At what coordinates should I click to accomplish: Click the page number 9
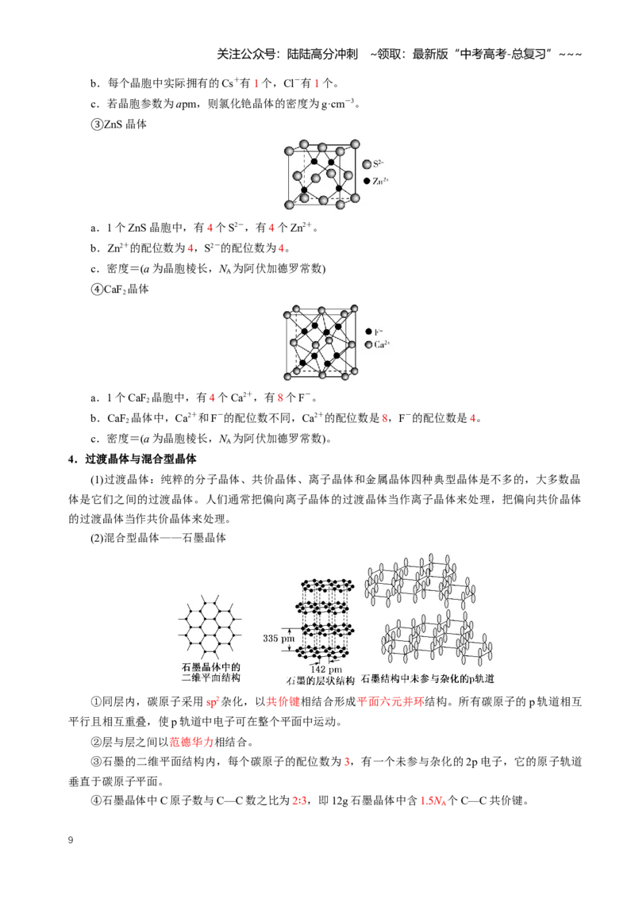click(71, 840)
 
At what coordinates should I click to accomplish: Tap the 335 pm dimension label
click(279, 638)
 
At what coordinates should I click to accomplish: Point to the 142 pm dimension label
click(326, 669)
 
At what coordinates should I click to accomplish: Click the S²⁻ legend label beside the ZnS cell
click(379, 163)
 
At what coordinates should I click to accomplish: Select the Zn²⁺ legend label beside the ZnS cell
click(380, 181)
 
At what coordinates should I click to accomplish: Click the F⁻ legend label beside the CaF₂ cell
click(379, 332)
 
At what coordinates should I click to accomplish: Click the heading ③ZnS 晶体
click(118, 125)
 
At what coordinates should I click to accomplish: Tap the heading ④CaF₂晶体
click(120, 290)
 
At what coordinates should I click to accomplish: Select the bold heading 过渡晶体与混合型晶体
click(141, 459)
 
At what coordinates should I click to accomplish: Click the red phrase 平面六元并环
click(391, 701)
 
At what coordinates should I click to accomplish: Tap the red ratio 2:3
click(299, 800)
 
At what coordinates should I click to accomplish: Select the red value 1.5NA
click(433, 800)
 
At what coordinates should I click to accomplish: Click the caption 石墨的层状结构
click(321, 681)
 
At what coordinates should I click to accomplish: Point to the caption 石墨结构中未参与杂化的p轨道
click(428, 678)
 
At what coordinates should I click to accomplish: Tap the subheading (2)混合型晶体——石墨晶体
click(158, 538)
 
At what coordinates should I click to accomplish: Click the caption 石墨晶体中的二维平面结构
click(211, 673)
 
